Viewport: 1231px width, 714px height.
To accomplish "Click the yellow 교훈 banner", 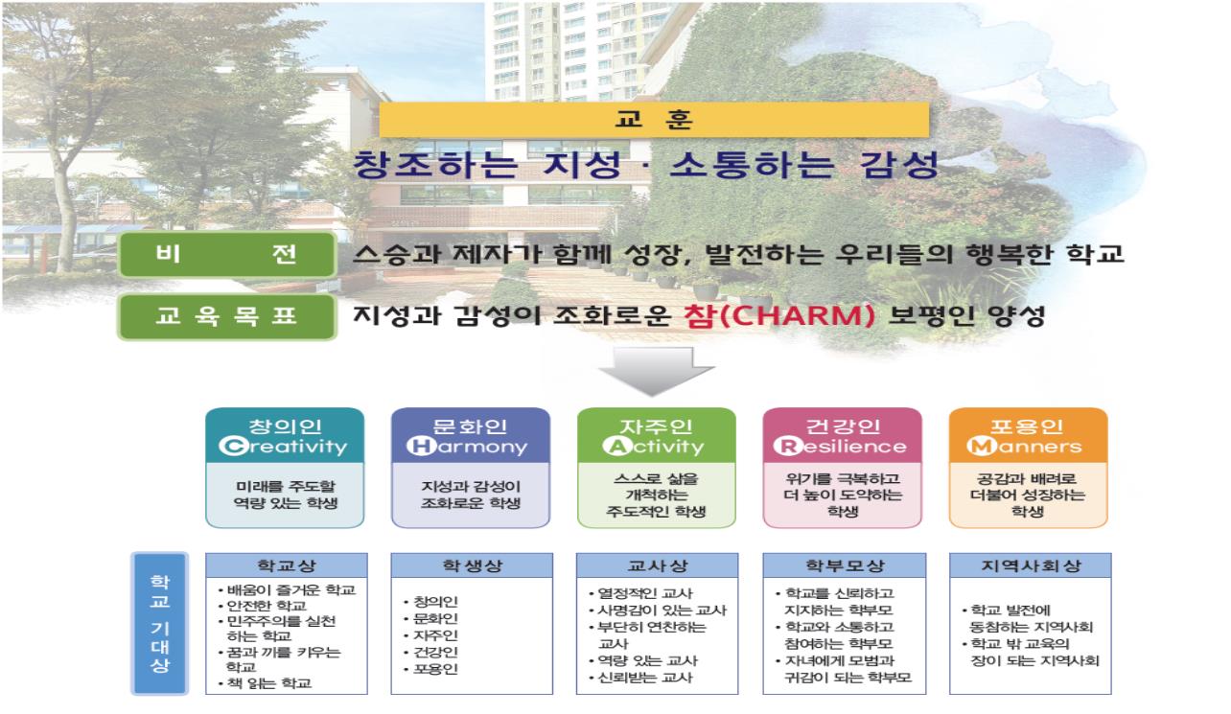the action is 654,119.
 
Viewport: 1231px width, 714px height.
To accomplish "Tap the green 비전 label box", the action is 227,254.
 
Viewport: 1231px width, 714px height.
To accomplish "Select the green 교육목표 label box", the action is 227,317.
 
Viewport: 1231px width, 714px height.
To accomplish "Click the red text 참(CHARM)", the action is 778,316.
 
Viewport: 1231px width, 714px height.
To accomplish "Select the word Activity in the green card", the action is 654,447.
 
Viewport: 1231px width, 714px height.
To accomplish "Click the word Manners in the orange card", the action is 1024,446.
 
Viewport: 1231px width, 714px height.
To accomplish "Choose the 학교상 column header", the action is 287,565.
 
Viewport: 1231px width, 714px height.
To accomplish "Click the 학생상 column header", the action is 472,565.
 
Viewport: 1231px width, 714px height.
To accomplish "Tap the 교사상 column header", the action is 658,565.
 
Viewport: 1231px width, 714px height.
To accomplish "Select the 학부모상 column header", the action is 845,565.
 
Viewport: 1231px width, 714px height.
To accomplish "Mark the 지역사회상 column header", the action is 1031,565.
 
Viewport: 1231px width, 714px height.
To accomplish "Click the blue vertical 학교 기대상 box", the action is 160,623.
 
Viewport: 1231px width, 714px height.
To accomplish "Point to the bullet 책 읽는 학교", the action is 265,683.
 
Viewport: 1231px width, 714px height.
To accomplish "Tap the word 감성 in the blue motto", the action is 899,165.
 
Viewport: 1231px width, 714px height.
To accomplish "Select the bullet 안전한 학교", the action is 262,606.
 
